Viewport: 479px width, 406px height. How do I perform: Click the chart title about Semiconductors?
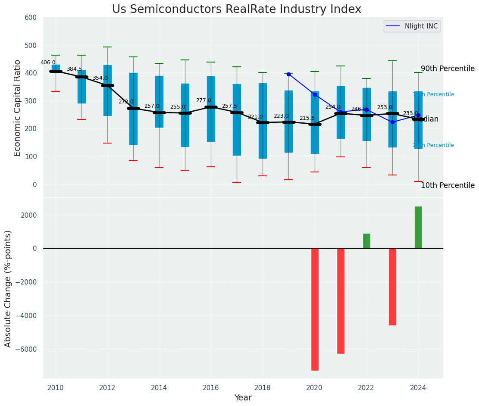237,9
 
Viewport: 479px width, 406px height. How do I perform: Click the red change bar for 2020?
315,309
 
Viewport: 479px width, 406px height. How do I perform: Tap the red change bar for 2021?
341,301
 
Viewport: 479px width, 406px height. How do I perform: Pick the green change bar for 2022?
366,241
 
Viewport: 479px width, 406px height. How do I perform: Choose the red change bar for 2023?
392,287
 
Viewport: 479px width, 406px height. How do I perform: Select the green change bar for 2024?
418,227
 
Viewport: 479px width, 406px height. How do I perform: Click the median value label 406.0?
48,62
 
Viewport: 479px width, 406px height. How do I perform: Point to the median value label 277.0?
203,100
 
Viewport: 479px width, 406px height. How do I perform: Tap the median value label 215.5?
307,118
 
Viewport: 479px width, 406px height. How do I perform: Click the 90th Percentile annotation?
448,69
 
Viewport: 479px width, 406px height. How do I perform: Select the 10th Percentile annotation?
448,186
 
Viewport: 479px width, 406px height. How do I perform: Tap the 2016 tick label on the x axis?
211,388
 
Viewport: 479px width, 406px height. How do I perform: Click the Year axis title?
243,398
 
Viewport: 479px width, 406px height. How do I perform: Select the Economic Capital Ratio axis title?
18,108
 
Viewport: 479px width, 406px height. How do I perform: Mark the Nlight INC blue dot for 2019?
288,74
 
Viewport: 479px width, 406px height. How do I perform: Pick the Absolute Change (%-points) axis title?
8,288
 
